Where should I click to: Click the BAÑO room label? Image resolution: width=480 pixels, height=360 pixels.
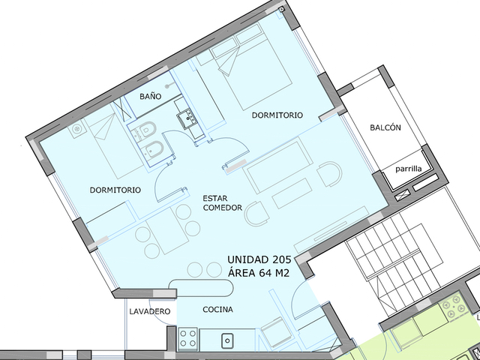(150, 97)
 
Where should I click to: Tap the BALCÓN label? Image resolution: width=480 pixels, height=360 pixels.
(385, 127)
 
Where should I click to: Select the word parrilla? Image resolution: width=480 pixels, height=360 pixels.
(408, 169)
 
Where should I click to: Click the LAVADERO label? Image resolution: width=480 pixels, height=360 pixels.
(150, 312)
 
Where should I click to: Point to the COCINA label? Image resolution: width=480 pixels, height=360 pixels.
(218, 310)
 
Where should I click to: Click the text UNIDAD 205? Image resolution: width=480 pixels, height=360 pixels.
(259, 259)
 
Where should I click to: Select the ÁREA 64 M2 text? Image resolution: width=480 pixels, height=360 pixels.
(259, 272)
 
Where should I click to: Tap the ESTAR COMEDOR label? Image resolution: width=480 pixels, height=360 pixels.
(223, 203)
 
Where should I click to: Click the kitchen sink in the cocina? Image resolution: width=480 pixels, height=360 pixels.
(227, 340)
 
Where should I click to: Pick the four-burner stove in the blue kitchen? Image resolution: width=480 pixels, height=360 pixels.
(187, 338)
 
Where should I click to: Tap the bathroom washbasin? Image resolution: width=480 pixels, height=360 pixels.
(187, 117)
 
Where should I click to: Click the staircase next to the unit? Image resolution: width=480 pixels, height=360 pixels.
(395, 260)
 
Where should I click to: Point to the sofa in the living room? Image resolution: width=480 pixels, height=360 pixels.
(277, 166)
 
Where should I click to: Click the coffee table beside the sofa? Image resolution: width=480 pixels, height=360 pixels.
(292, 193)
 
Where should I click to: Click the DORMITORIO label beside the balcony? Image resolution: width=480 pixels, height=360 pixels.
(277, 115)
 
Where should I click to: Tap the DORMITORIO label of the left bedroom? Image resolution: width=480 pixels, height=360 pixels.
(115, 190)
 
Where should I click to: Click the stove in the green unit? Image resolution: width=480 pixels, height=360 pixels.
(452, 307)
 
